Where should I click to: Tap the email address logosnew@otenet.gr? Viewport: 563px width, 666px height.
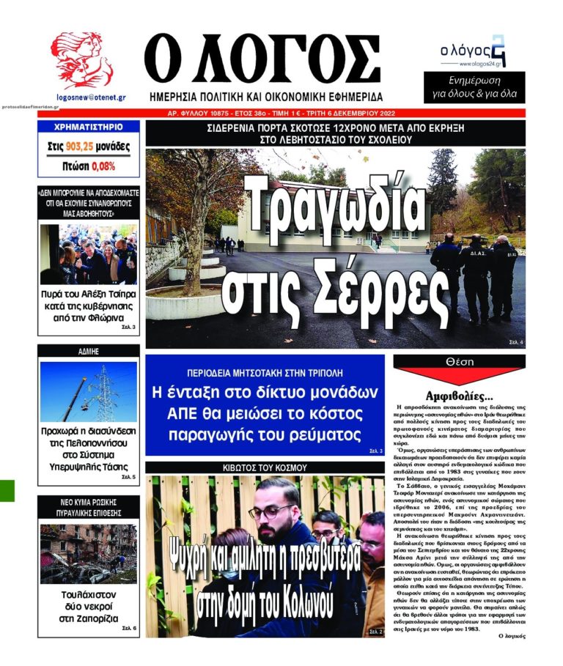pos(91,97)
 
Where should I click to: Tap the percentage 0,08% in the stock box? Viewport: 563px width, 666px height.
pos(103,166)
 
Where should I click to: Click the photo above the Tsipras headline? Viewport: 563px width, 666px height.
pos(88,254)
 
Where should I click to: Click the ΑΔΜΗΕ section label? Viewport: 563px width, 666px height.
pos(88,352)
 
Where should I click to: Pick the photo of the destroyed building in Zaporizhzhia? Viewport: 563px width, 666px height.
pos(88,553)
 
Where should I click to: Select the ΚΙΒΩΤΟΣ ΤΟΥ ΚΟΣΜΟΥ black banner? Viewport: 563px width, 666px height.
pos(265,467)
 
